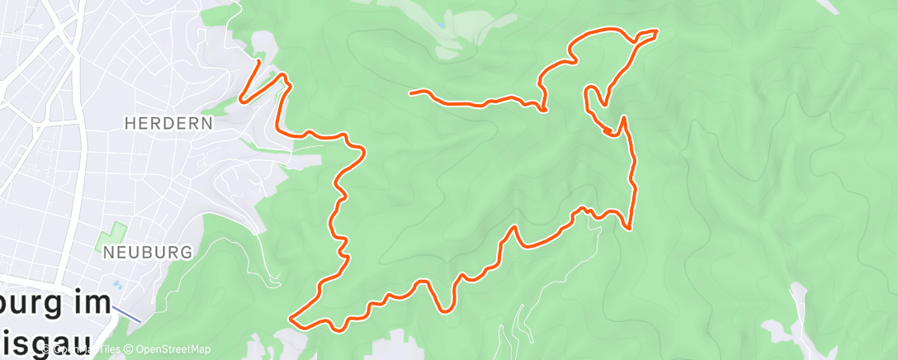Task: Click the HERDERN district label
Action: click(x=168, y=123)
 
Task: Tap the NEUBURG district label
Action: click(x=149, y=253)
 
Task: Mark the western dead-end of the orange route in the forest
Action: click(x=411, y=92)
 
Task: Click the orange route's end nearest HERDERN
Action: click(x=259, y=61)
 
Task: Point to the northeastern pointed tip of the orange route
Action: click(x=657, y=31)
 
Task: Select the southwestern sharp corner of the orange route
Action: click(x=291, y=317)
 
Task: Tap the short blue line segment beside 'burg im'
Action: click(x=128, y=314)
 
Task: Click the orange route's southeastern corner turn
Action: click(x=630, y=228)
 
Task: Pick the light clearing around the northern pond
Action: click(x=462, y=29)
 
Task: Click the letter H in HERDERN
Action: click(x=130, y=123)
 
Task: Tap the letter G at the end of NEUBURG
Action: click(x=188, y=253)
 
